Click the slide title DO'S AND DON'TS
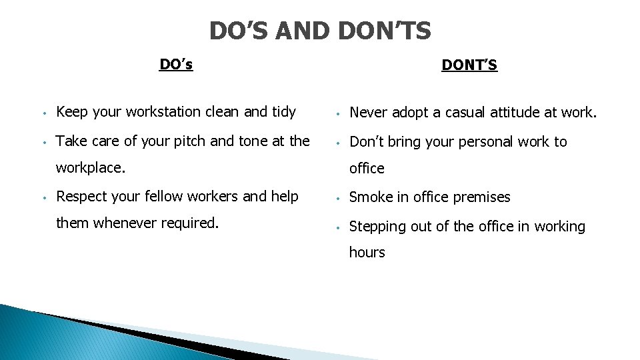pyautogui.click(x=320, y=31)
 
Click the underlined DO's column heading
pyautogui.click(x=176, y=65)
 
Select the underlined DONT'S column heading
pyautogui.click(x=469, y=65)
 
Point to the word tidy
pyautogui.click(x=283, y=112)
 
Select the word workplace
pyautogui.click(x=89, y=168)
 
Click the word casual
pyautogui.click(x=459, y=113)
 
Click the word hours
pyautogui.click(x=367, y=252)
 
